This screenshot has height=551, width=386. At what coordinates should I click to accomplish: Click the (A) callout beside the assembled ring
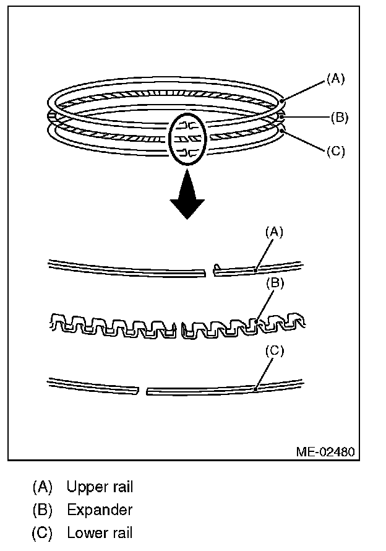(x=335, y=79)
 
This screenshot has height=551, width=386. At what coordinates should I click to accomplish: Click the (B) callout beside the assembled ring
(x=339, y=117)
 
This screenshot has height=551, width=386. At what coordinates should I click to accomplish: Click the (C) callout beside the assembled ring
(x=335, y=150)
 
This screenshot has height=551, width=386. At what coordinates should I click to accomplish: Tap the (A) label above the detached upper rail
(x=274, y=232)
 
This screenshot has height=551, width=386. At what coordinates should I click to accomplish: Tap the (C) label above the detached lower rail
(x=274, y=351)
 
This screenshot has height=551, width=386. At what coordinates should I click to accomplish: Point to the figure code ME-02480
(x=325, y=451)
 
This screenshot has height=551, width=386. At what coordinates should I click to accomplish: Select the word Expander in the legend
(x=100, y=510)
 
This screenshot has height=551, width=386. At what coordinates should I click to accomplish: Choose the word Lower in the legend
(x=85, y=532)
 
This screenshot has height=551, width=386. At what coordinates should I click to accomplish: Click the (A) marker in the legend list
(x=42, y=487)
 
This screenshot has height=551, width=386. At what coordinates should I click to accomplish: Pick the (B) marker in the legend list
(x=42, y=510)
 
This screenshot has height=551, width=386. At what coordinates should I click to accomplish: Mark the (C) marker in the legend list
(x=42, y=532)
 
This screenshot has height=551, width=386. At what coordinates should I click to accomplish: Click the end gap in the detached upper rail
(x=210, y=271)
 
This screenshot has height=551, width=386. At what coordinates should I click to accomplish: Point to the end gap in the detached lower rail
(x=142, y=391)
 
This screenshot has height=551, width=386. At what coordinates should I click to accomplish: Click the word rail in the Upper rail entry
(x=121, y=487)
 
